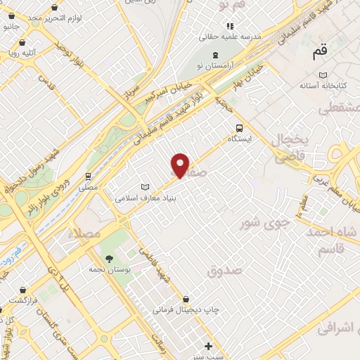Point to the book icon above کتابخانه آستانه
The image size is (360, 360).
[x=323, y=75]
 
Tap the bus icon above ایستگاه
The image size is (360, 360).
[x=240, y=128]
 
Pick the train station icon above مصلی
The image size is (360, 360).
[x=89, y=176]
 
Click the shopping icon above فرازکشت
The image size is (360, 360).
[x=27, y=288]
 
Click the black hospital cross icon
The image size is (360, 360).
[x=208, y=346]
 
